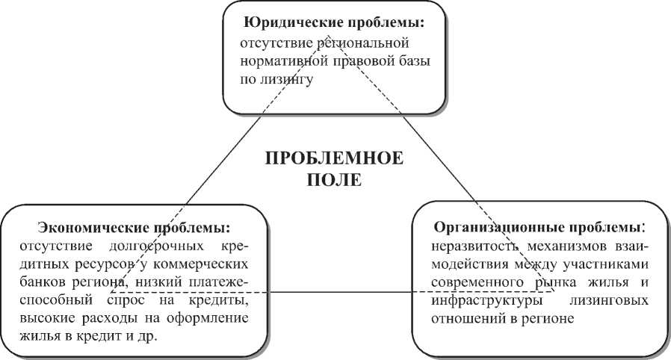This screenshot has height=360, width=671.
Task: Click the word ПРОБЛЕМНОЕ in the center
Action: click(334, 159)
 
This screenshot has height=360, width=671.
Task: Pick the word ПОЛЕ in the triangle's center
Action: click(335, 180)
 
